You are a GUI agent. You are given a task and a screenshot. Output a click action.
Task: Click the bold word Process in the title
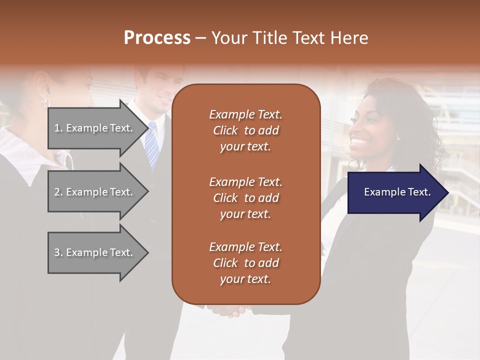click(x=157, y=38)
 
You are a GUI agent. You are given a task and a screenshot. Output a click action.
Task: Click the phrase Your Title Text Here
click(x=290, y=38)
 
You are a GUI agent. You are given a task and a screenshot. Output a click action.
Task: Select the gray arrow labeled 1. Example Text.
click(x=95, y=128)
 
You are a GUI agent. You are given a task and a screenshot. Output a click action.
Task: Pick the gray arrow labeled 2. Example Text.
click(x=95, y=192)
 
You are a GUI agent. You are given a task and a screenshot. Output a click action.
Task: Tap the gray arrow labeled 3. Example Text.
click(x=95, y=252)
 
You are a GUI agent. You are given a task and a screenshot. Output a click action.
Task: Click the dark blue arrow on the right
click(x=395, y=192)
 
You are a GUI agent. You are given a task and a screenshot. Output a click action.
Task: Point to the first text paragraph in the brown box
click(x=245, y=130)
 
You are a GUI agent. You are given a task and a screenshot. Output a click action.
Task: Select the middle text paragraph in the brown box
click(x=245, y=197)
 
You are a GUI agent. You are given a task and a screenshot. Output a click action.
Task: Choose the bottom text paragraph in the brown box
click(x=245, y=263)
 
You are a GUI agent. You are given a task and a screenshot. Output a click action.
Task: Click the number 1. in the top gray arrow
click(x=58, y=128)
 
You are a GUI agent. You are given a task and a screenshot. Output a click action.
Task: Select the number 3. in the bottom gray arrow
click(x=58, y=252)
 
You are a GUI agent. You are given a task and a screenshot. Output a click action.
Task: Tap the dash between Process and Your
click(x=200, y=38)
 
